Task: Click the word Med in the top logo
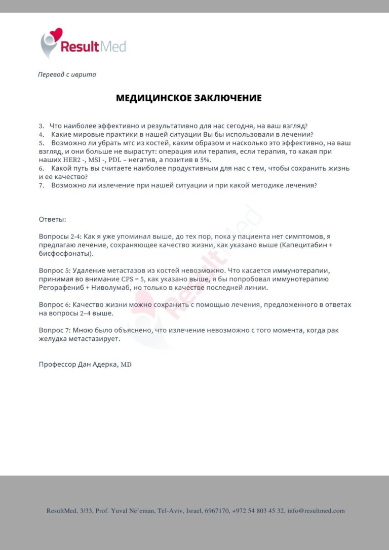click(x=113, y=47)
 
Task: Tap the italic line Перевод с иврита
click(x=67, y=74)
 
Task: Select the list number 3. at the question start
click(x=42, y=126)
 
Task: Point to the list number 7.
click(x=42, y=186)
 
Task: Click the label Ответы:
click(x=53, y=219)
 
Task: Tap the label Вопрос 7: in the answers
click(x=54, y=330)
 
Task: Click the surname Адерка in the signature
click(x=103, y=364)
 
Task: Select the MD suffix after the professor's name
click(x=126, y=364)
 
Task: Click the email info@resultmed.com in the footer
click(x=316, y=511)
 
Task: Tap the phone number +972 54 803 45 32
click(x=258, y=511)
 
